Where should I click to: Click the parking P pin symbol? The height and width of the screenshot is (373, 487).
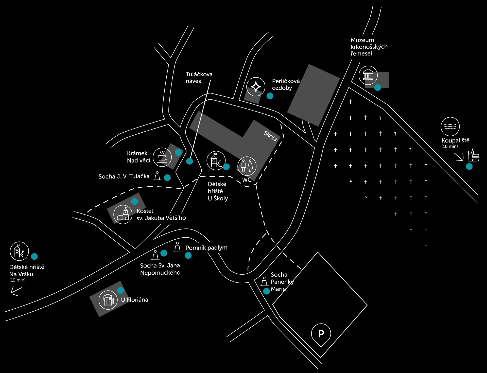click(x=321, y=334)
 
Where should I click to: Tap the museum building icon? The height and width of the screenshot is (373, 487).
click(x=368, y=75)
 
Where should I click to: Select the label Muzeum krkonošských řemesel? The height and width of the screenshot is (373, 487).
click(x=369, y=47)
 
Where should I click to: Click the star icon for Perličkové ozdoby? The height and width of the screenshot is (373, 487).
click(x=256, y=87)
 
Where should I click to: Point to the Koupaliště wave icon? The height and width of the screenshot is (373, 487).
click(x=450, y=127)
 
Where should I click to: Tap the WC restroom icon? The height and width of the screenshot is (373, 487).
click(x=247, y=166)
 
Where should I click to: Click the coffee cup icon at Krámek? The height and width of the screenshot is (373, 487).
click(x=162, y=157)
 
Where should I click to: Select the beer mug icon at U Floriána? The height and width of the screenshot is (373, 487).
click(x=108, y=300)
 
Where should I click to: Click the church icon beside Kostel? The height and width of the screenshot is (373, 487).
click(x=123, y=215)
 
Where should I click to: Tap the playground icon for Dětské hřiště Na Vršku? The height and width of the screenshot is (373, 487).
click(x=19, y=251)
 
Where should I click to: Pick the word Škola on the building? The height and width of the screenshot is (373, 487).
click(x=270, y=136)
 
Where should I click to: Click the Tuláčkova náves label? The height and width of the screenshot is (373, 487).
click(x=199, y=78)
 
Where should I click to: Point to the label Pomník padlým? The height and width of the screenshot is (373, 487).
click(x=206, y=248)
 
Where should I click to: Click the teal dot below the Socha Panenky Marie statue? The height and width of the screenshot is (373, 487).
click(x=266, y=291)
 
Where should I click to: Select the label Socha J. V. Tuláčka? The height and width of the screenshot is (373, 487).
click(x=124, y=176)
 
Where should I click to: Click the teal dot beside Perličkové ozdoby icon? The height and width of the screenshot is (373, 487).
click(x=270, y=96)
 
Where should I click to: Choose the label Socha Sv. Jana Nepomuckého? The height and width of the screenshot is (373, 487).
click(x=160, y=269)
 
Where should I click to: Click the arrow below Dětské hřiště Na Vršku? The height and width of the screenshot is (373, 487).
click(x=16, y=291)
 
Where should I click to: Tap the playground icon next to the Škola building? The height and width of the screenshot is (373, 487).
click(x=216, y=161)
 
